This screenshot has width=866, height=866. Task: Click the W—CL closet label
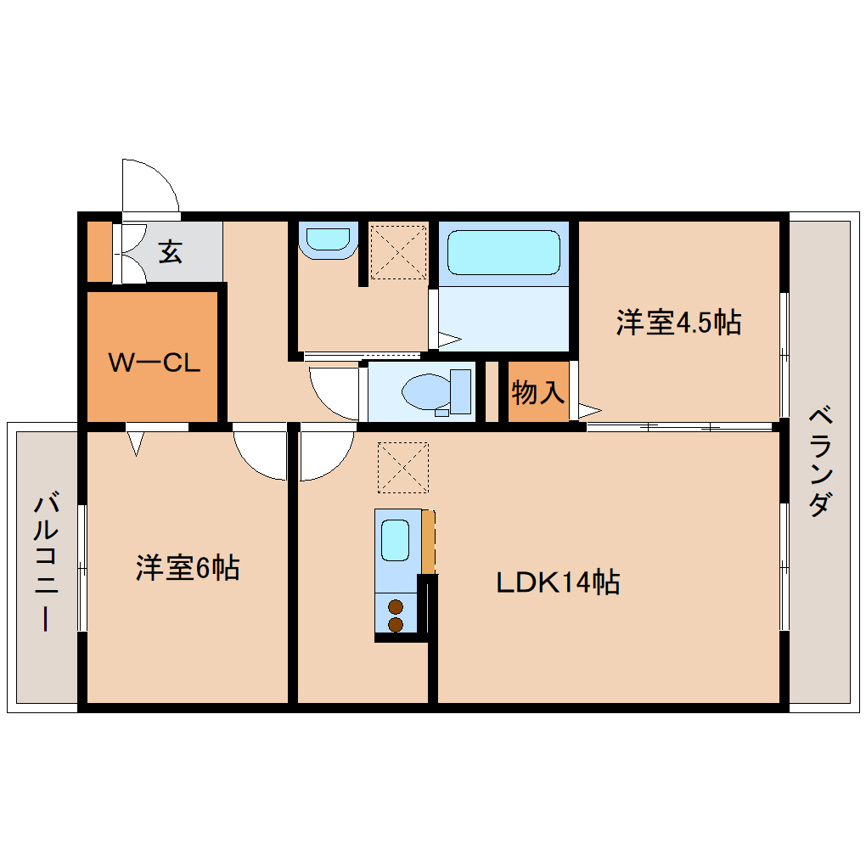pos(154,363)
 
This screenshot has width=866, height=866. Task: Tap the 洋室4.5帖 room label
pos(678,323)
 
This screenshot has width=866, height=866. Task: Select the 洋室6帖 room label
pos(187,567)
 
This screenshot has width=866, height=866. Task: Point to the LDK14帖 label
pos(557,582)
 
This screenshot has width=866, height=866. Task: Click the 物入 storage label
pos(537,392)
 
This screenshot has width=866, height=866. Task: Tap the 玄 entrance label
pos(171,251)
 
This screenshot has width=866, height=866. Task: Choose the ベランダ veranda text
pos(818,463)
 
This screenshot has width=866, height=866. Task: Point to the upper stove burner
pos(395,607)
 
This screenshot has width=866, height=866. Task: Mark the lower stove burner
pos(395,624)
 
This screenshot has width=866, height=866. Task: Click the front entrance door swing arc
pos(151,185)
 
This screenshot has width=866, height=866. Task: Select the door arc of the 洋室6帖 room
pos(259,455)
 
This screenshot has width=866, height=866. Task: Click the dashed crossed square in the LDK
pos(402,467)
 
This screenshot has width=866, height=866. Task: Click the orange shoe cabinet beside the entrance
pos(100,251)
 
